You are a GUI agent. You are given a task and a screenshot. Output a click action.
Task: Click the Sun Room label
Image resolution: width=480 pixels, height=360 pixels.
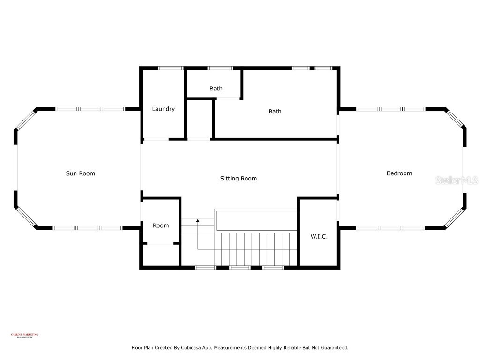80,173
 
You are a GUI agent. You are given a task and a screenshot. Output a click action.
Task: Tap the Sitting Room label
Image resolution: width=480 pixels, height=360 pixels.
239,179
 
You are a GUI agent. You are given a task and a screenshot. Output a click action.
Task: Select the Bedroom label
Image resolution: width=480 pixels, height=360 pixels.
399,173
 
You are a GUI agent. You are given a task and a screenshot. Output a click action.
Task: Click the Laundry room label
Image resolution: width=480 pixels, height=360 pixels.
163,109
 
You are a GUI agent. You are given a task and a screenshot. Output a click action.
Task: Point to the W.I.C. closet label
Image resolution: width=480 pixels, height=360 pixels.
319,236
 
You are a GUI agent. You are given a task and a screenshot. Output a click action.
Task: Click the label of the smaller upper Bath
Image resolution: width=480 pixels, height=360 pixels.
216,89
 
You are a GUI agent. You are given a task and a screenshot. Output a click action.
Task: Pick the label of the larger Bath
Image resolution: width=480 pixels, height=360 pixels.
275,112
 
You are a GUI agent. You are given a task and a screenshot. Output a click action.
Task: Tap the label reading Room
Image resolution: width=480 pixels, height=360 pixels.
161,225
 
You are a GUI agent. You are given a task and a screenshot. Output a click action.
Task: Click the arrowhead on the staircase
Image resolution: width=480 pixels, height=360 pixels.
198,220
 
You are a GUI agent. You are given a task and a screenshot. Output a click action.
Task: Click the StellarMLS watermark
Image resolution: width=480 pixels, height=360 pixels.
456,180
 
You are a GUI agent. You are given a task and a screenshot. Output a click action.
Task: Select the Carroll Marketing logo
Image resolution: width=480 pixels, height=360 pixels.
24,335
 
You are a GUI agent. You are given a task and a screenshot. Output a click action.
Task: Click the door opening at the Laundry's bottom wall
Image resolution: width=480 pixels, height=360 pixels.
156,139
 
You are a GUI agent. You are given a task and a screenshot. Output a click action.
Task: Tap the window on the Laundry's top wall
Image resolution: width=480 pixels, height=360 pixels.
171,68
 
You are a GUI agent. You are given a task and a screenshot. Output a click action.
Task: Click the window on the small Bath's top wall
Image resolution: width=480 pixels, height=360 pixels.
220,68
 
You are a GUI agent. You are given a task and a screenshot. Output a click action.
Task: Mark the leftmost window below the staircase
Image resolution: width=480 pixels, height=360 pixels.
205,268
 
